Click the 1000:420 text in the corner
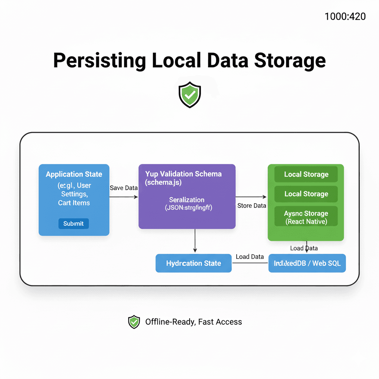345,16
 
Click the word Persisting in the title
100,60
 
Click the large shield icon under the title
189,95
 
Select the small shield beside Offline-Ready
134,322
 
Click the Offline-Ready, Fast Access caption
193,322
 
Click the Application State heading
74,174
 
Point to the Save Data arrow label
124,188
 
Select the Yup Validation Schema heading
183,174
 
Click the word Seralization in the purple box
187,200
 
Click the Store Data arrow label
252,205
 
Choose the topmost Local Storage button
306,174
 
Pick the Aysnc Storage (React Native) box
306,217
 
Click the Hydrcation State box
194,263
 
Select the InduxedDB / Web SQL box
307,263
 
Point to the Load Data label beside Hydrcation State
249,256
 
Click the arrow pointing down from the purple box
195,241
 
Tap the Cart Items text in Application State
74,203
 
